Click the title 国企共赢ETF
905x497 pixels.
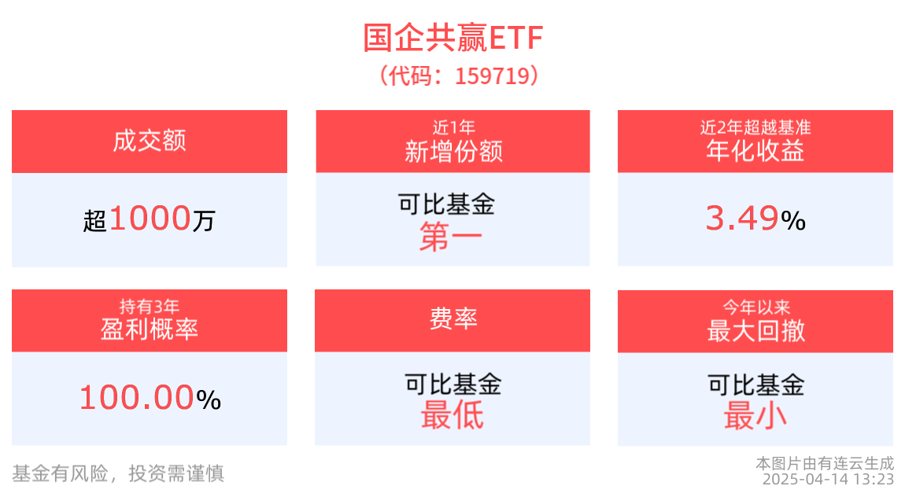pos(452,37)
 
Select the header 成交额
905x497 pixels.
pos(150,142)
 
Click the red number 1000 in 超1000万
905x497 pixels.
pos(150,219)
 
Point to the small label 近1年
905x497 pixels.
pos(453,127)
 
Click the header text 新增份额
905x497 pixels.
pos(453,151)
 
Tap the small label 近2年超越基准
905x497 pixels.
pos(755,127)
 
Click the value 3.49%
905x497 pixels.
pos(755,219)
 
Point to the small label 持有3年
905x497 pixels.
pos(150,306)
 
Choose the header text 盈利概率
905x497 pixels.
pos(150,329)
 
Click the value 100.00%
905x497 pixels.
pos(150,398)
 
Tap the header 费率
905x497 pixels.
pos(453,319)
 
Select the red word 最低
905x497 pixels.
pos(452,416)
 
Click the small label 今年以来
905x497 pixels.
pos(755,307)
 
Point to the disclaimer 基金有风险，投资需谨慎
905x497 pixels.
pos(118,473)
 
